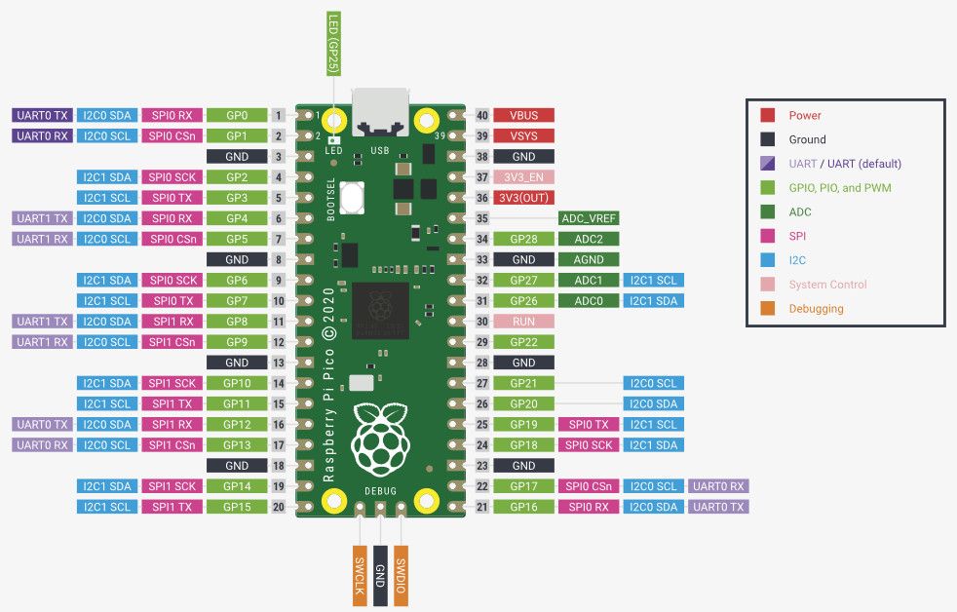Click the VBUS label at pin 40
coord(523,115)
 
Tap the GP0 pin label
coord(237,115)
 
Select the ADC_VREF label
coord(589,218)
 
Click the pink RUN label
coord(523,322)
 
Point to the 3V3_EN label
coord(523,177)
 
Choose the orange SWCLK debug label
coord(359,576)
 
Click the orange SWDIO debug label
coord(401,576)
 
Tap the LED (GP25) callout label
coord(332,44)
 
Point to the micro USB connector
coord(381,113)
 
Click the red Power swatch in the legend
coord(768,115)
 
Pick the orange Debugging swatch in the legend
coord(768,309)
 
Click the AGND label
coord(589,259)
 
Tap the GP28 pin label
coord(523,239)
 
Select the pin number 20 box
coord(279,507)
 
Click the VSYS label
coord(523,135)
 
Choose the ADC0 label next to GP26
coord(589,301)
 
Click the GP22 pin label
coord(523,342)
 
